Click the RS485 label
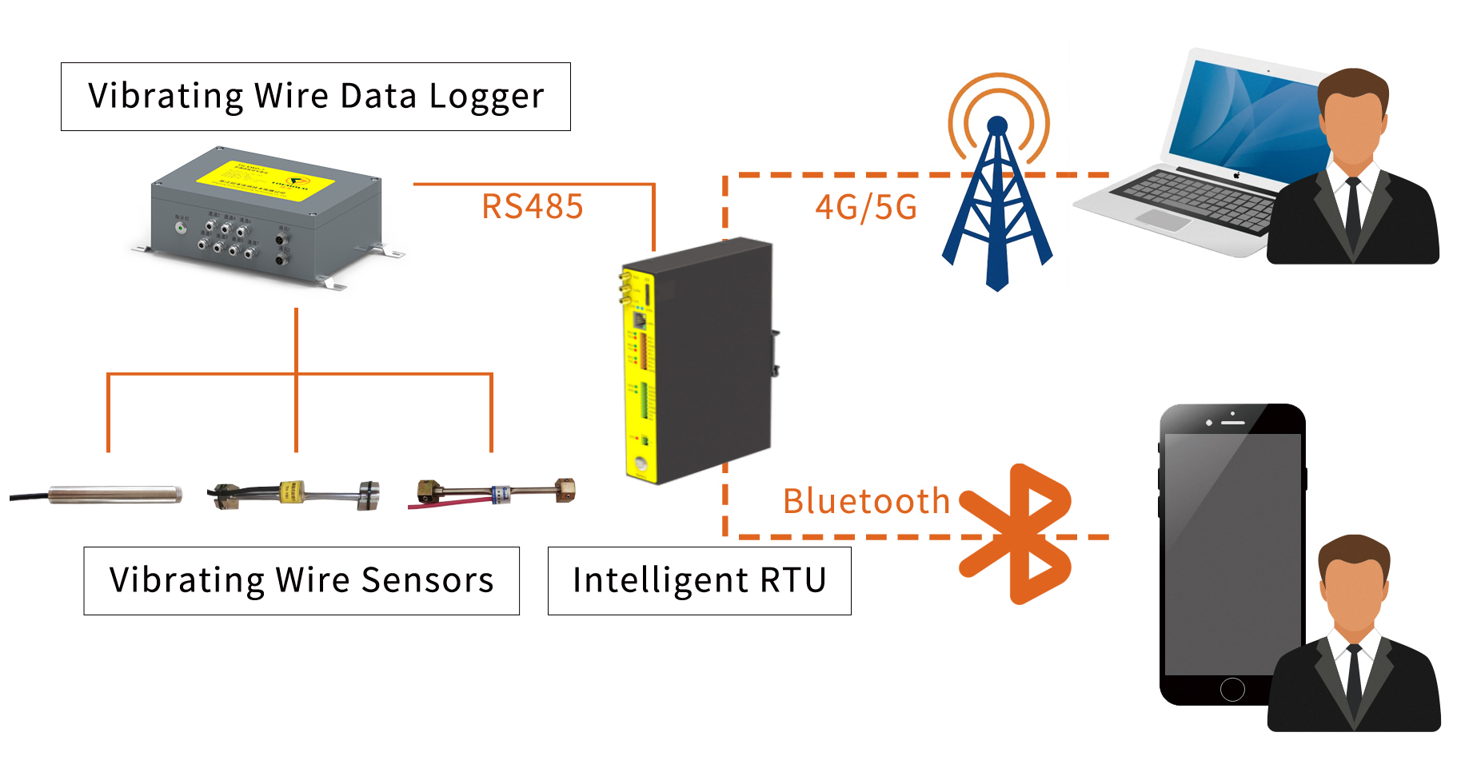(x=532, y=207)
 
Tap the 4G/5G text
(x=865, y=208)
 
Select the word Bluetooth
(x=866, y=502)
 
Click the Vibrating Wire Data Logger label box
(x=316, y=97)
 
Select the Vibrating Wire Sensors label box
(x=301, y=581)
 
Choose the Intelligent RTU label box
(x=699, y=581)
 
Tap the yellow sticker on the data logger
(x=264, y=180)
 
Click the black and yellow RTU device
(x=696, y=360)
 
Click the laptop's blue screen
(x=1247, y=116)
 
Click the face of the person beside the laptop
(x=1353, y=128)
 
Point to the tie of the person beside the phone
(x=1354, y=679)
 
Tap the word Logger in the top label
(x=486, y=97)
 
